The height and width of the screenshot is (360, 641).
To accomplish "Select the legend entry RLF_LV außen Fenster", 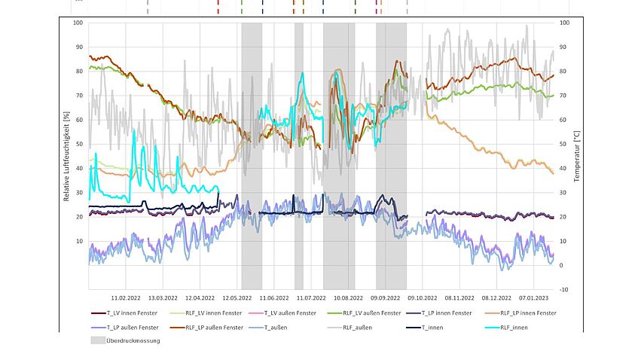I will click(x=371, y=313).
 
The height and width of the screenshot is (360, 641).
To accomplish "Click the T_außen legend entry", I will click(x=288, y=327).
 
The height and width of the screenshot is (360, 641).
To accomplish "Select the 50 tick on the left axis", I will click(x=78, y=145).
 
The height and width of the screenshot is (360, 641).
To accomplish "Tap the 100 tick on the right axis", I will click(x=565, y=23).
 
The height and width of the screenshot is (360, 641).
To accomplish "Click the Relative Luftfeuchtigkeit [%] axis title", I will click(x=66, y=156).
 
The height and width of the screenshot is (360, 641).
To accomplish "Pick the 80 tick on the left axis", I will click(x=78, y=72).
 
